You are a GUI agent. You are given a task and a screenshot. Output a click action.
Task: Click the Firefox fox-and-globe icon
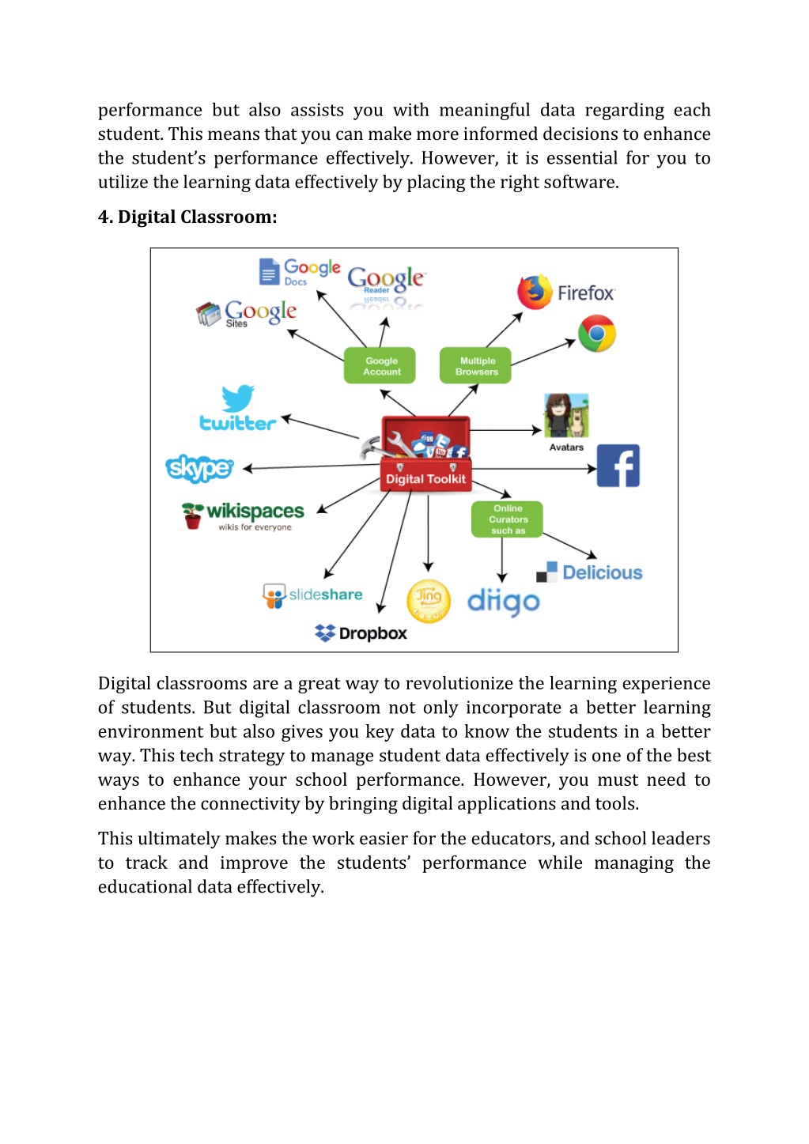535,292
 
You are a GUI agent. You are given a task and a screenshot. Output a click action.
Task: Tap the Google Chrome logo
596,334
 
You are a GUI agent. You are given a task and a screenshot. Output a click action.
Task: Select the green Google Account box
380,365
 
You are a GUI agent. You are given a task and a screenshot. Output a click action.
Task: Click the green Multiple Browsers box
475,365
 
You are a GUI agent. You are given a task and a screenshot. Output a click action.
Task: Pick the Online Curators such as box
507,519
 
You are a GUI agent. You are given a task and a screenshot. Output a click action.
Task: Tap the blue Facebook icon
618,465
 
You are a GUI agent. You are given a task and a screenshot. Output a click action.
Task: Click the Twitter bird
237,398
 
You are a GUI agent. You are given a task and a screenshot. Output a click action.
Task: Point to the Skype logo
200,468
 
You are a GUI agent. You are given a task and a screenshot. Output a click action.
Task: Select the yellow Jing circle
428,601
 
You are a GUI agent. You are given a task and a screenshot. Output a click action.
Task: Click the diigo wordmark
504,602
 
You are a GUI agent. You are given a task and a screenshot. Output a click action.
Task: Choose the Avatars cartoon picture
566,415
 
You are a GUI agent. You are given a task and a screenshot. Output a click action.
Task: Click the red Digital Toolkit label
426,478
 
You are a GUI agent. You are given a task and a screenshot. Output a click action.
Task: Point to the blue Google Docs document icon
269,270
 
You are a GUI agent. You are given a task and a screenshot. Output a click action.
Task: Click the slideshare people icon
274,596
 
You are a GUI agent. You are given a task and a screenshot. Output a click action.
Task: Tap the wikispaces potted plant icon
192,515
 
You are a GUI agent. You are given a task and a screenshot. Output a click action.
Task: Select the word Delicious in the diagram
602,572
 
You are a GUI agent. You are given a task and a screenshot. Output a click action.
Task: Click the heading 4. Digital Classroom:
187,217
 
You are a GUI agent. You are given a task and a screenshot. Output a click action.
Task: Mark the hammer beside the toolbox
372,447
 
